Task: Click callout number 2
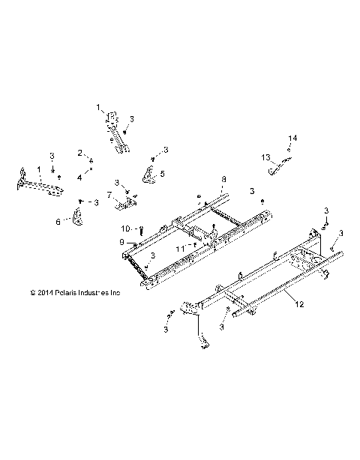79,153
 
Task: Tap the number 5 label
162,173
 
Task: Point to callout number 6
58,221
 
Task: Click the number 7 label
109,195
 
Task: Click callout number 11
178,246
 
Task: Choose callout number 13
265,157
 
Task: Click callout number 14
293,139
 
